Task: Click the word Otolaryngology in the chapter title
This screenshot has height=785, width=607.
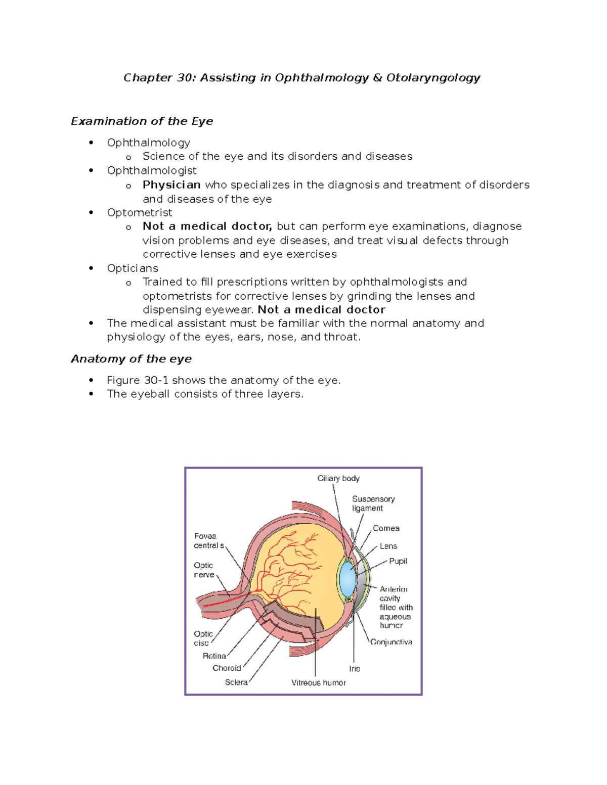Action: point(433,78)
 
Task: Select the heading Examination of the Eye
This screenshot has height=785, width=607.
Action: point(142,121)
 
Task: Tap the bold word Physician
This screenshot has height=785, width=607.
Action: point(171,185)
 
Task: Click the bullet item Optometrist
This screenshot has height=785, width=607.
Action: point(140,213)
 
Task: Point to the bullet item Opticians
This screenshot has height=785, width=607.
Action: point(133,268)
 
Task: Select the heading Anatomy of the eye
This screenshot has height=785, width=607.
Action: point(131,359)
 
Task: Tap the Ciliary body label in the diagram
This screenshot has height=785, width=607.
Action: point(338,479)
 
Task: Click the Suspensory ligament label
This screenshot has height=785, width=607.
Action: point(373,503)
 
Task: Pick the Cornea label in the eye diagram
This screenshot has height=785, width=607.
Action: point(386,529)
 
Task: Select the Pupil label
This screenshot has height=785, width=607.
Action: point(398,562)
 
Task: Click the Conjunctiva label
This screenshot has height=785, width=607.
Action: point(391,642)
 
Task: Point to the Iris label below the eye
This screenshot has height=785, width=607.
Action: point(355,669)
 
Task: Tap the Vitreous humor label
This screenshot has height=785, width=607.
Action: point(319,683)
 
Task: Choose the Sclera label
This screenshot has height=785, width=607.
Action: point(236,682)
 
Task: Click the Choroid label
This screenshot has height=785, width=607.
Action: point(227,668)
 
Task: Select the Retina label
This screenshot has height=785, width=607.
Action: point(214,656)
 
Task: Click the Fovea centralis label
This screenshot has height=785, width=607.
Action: point(208,541)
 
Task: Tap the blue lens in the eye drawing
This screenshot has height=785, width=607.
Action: point(348,579)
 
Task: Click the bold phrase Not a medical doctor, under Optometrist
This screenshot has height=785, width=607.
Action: point(207,226)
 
